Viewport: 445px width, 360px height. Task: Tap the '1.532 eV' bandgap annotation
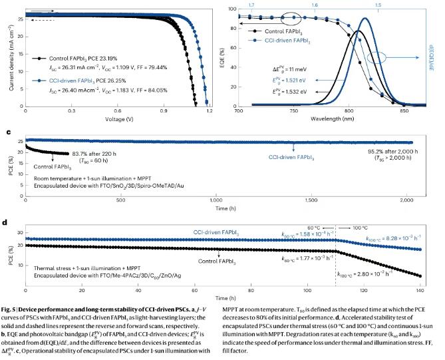pyautogui.click(x=297, y=91)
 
